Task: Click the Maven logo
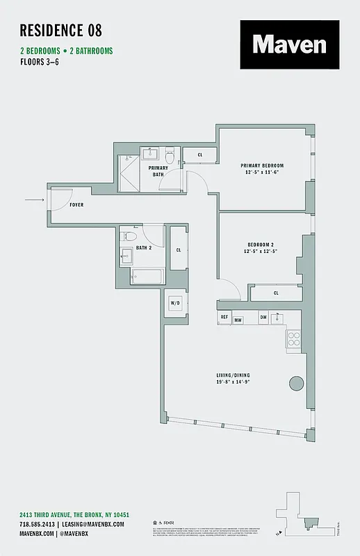tap(290, 44)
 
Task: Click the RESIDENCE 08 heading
tap(61, 30)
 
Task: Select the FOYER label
tap(76, 206)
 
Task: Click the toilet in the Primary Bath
tap(169, 157)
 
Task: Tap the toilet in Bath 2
tap(128, 255)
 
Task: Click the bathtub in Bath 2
tap(147, 277)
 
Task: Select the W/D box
tap(176, 304)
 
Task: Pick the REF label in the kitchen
tap(224, 317)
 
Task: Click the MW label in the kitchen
tap(238, 320)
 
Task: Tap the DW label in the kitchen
tap(263, 317)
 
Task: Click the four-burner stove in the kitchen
tap(293, 339)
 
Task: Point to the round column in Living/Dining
tap(297, 383)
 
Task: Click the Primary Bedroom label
tap(262, 165)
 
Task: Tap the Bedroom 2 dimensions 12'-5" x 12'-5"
tap(262, 251)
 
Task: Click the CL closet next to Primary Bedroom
tap(200, 155)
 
